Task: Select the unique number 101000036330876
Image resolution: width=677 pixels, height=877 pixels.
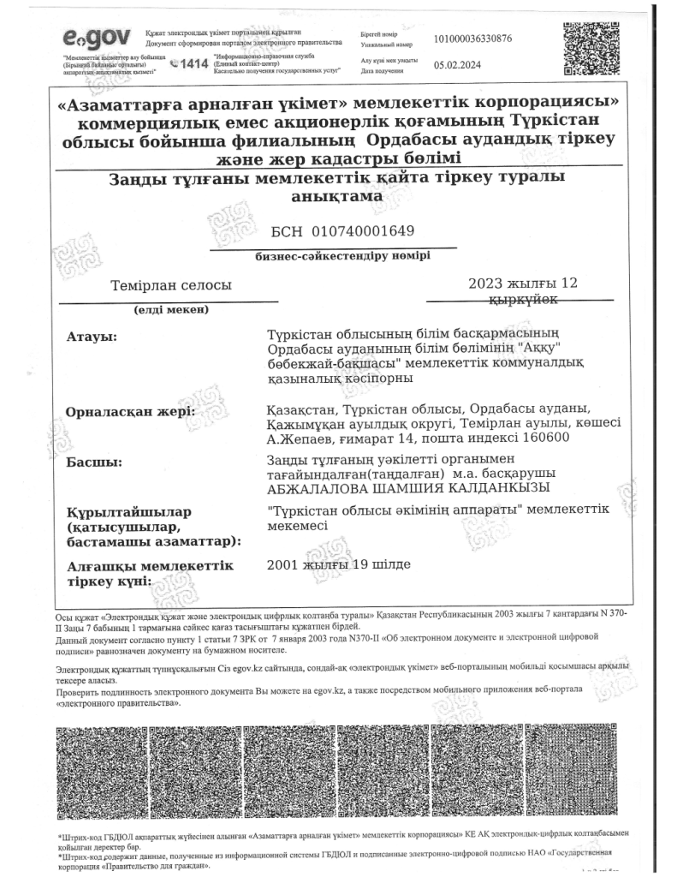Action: (485, 39)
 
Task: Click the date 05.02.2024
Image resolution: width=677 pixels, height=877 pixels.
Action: (459, 64)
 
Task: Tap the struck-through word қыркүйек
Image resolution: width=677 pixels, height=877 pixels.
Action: (523, 300)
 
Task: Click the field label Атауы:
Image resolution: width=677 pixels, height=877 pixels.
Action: (92, 336)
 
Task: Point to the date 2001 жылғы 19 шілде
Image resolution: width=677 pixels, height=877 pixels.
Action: (339, 565)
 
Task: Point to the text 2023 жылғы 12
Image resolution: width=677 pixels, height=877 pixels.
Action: (523, 283)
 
